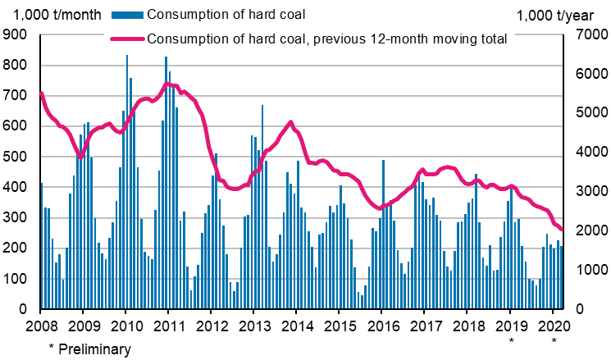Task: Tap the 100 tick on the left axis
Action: pyautogui.click(x=16, y=279)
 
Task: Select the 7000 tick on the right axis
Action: pyautogui.click(x=585, y=34)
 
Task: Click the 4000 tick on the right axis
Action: pyautogui.click(x=585, y=153)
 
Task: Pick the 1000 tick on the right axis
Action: pyautogui.click(x=585, y=271)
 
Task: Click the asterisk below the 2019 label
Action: pyautogui.click(x=511, y=339)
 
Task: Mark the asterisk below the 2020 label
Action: pyautogui.click(x=554, y=339)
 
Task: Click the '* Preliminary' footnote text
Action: pyautogui.click(x=89, y=349)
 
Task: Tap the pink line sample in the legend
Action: pyautogui.click(x=124, y=39)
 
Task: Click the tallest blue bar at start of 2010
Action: pyautogui.click(x=127, y=180)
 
